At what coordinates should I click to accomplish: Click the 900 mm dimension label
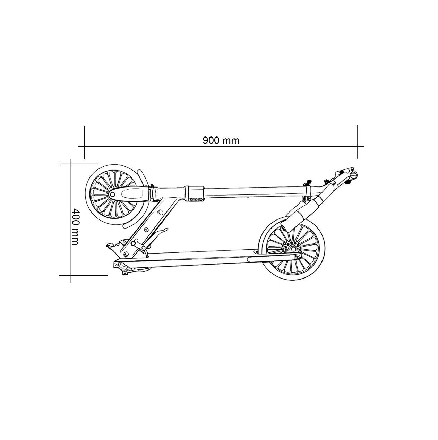pos(221,140)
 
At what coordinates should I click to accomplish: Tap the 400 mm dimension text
pos(75,227)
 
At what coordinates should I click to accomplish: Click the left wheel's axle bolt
pos(112,194)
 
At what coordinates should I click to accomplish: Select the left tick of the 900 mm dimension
pos(84,142)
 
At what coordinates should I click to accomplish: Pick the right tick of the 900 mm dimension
pos(358,142)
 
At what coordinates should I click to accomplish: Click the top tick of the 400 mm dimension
pos(78,164)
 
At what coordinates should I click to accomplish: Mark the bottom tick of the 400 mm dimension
pos(83,275)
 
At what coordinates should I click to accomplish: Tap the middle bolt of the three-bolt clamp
pos(196,200)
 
